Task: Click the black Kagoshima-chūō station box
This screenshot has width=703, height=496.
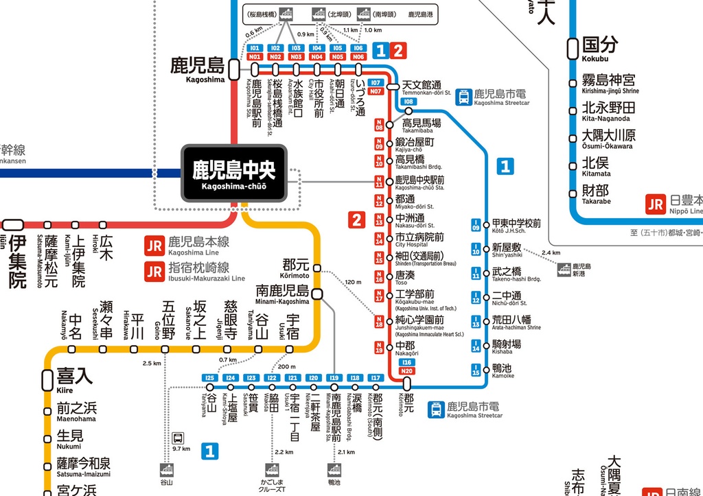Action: (233, 174)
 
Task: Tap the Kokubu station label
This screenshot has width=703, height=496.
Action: (599, 49)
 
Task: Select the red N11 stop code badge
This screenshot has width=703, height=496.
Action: (379, 182)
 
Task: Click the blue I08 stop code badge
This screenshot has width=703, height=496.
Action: (408, 101)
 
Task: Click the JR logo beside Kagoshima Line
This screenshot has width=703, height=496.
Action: (154, 246)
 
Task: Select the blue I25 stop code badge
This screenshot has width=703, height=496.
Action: (211, 377)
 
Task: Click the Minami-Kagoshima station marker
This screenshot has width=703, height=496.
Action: (318, 294)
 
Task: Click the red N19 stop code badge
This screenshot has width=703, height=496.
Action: (379, 349)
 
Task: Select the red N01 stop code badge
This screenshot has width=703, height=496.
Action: (255, 57)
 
